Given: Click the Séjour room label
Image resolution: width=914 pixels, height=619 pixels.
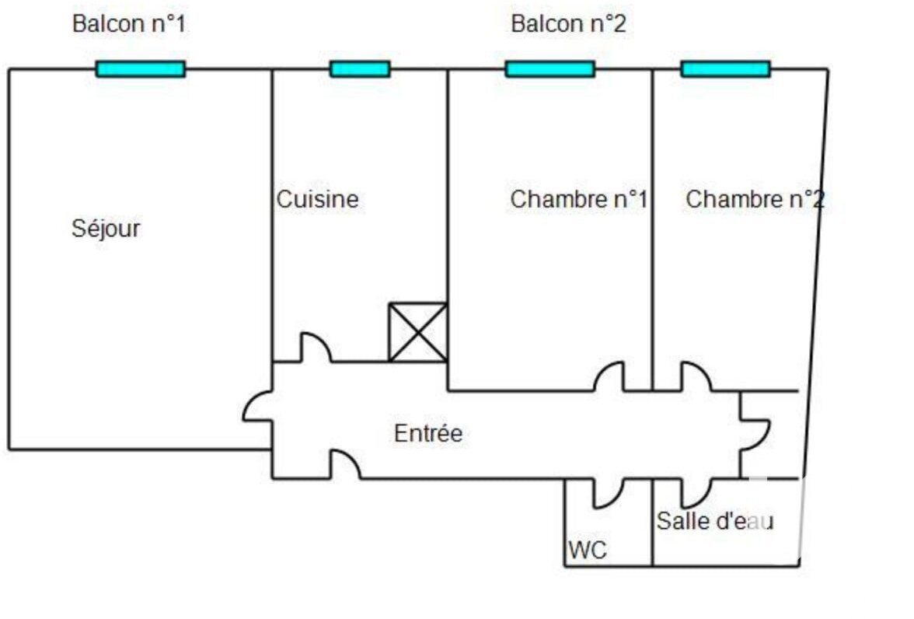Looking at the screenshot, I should click(x=106, y=229).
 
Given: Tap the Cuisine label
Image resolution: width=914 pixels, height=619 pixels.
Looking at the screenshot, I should click(x=318, y=199).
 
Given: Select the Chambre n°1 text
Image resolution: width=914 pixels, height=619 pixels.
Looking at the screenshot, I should click(x=578, y=199).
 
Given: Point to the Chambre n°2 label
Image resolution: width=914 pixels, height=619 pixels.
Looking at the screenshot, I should click(x=754, y=199).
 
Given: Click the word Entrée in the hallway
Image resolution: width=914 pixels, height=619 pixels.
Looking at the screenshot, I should click(x=427, y=433).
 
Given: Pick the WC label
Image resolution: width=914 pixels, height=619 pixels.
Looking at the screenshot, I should click(x=587, y=551).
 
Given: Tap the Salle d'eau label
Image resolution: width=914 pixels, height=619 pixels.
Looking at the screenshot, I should click(x=714, y=521).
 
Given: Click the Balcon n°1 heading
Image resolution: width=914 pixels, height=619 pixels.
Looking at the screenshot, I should click(x=129, y=23).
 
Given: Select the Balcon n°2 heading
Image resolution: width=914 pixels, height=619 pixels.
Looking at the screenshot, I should click(x=568, y=23).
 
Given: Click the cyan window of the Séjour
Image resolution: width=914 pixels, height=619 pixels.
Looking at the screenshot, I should click(x=141, y=69).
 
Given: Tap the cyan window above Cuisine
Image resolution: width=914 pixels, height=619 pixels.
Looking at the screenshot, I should click(x=360, y=69).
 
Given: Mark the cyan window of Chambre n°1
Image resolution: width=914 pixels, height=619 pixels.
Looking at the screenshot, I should click(x=549, y=69).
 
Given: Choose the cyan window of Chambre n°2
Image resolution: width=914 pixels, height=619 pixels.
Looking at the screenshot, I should click(x=725, y=69).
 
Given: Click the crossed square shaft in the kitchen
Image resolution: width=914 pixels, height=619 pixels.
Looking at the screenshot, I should click(x=418, y=332).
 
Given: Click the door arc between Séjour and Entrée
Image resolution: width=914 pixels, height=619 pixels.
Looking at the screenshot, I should click(x=257, y=405).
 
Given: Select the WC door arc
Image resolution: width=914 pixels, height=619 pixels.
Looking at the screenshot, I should click(x=608, y=492).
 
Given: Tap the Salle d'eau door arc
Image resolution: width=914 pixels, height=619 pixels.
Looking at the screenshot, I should click(x=696, y=492).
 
